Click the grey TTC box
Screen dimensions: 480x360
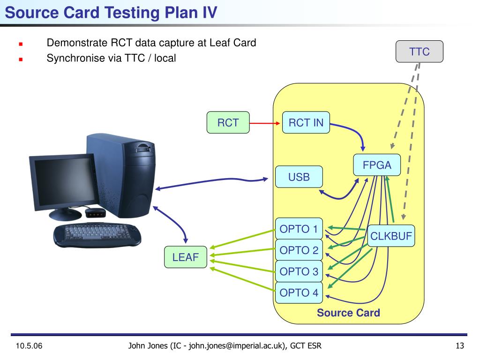(419, 52)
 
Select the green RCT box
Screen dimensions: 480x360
(228, 122)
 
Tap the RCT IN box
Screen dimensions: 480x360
(306, 122)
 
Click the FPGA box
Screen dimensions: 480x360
(377, 165)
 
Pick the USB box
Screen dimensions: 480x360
(299, 177)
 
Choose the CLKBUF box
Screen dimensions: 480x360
(391, 236)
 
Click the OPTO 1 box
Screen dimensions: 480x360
(299, 229)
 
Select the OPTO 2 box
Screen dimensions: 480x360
(299, 250)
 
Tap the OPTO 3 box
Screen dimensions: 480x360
(299, 271)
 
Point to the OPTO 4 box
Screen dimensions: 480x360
(299, 292)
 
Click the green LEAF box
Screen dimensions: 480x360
(186, 257)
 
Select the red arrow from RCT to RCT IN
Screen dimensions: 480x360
(265, 123)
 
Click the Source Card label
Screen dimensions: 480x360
(348, 313)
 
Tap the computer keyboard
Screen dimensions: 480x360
(97, 235)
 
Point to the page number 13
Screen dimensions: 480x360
(460, 346)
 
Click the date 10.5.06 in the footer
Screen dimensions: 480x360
(29, 346)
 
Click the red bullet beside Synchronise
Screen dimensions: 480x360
(21, 60)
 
